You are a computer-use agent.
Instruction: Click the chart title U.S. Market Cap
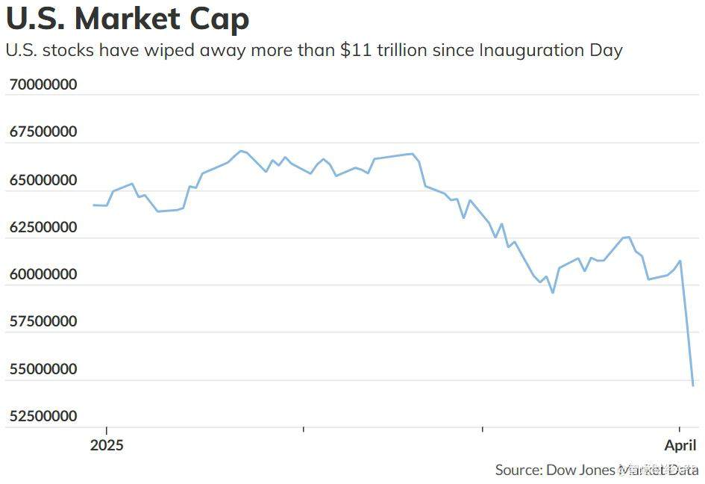click(128, 19)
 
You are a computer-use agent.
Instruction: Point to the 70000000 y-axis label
click(43, 84)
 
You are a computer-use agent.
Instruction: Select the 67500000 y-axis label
click(43, 131)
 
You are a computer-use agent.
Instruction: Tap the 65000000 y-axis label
click(43, 179)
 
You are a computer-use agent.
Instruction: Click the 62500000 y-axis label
click(43, 226)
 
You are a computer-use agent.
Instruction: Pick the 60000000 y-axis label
click(43, 274)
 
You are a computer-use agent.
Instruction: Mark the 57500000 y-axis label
click(43, 321)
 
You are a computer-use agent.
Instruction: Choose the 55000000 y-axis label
click(43, 369)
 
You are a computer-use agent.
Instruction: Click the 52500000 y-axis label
click(43, 416)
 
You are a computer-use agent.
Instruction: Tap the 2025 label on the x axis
click(107, 445)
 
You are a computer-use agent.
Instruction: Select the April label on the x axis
click(680, 445)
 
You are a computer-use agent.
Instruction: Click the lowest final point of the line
click(693, 385)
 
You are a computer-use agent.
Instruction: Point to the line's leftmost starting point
click(93, 205)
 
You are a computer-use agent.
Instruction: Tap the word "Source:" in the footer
click(518, 470)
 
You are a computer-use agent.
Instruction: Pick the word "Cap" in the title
click(222, 19)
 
